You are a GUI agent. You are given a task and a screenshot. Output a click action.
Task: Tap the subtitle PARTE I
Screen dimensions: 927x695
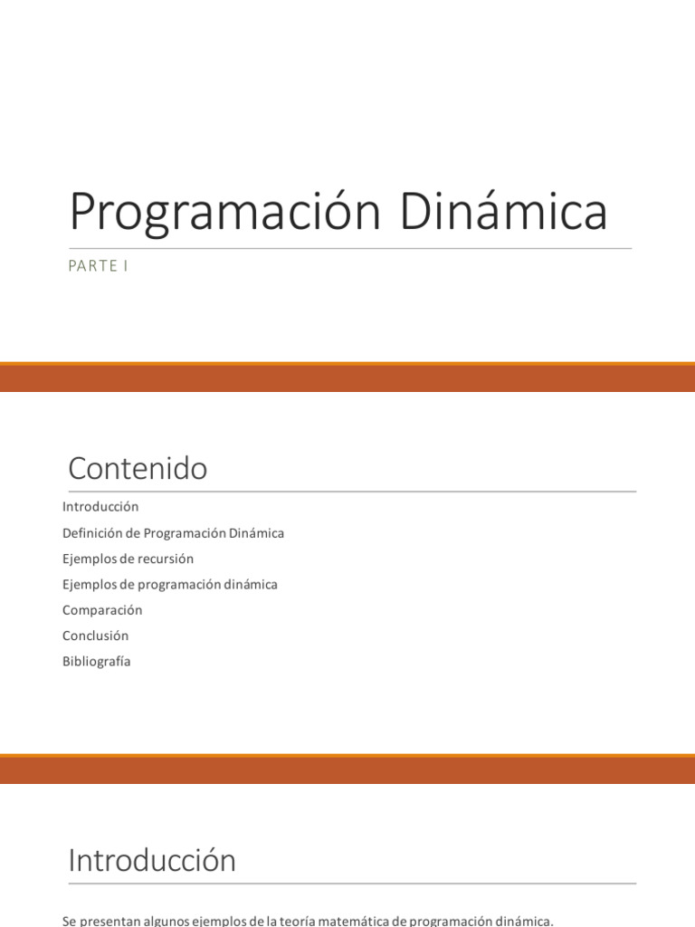click(x=98, y=266)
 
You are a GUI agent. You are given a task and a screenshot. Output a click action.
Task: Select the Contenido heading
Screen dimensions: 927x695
click(x=138, y=469)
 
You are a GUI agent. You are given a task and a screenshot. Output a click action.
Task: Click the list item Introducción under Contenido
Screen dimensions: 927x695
click(x=100, y=507)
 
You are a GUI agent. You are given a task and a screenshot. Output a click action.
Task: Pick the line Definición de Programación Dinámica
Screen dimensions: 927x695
click(x=173, y=533)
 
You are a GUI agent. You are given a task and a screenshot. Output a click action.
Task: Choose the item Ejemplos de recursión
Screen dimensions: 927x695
click(x=128, y=559)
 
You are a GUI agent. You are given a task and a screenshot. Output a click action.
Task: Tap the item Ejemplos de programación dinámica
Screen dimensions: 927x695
click(x=169, y=584)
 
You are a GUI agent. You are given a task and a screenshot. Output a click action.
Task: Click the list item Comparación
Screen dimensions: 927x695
click(x=102, y=610)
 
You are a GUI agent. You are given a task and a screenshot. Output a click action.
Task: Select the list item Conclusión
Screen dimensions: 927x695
click(x=95, y=636)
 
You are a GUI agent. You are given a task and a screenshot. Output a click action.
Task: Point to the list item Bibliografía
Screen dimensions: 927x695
click(x=96, y=661)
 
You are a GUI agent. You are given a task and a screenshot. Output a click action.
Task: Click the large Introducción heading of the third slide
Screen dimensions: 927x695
click(x=152, y=860)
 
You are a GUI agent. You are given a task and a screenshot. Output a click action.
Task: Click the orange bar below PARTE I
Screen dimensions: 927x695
click(x=347, y=377)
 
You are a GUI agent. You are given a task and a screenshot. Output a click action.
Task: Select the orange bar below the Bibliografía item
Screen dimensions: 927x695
click(x=347, y=769)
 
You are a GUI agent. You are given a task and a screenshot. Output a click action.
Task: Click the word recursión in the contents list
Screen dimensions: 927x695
click(x=167, y=559)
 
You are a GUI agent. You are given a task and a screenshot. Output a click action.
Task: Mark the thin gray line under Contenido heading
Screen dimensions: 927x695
click(x=352, y=492)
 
